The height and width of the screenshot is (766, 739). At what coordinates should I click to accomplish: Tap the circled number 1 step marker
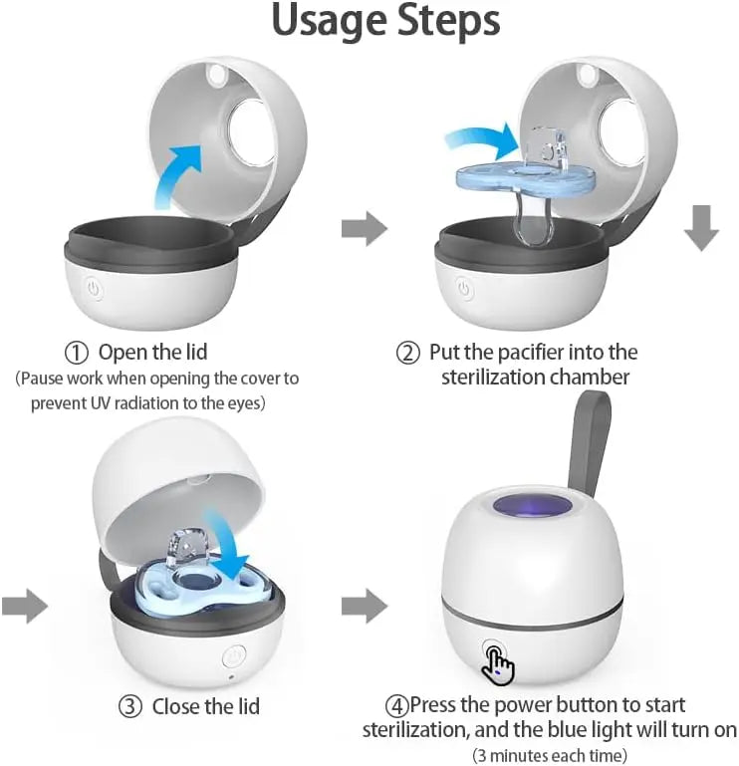pyautogui.click(x=77, y=353)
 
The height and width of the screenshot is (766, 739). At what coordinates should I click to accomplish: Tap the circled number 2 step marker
pyautogui.click(x=407, y=353)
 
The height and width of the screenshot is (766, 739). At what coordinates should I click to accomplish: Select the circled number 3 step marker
pyautogui.click(x=130, y=706)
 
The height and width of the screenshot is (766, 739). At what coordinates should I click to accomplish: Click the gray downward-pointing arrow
pyautogui.click(x=701, y=230)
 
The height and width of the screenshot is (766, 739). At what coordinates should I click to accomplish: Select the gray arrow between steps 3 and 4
pyautogui.click(x=364, y=605)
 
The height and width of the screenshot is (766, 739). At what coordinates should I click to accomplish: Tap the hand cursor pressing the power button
pyautogui.click(x=498, y=665)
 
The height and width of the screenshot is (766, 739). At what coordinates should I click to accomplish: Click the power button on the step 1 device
pyautogui.click(x=95, y=290)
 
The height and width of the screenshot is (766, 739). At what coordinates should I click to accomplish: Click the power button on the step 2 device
pyautogui.click(x=463, y=290)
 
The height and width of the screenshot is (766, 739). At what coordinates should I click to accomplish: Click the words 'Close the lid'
pyautogui.click(x=205, y=706)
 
